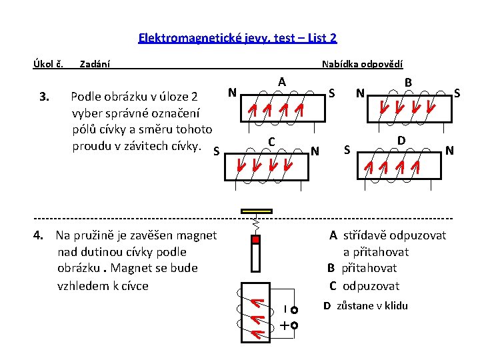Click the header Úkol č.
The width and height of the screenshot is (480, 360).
coord(48,65)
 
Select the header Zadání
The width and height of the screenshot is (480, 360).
coord(95,65)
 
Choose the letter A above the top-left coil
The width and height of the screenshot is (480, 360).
coord(283,82)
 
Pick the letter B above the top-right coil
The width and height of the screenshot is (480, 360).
coord(409,82)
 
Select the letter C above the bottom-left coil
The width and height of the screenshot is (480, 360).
coord(271,141)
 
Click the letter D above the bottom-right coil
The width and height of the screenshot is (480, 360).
coord(401,141)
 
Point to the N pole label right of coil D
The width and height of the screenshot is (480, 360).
coord(450,151)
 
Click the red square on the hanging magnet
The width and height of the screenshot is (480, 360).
coord(255,239)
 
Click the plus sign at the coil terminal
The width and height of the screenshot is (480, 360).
coord(285,326)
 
